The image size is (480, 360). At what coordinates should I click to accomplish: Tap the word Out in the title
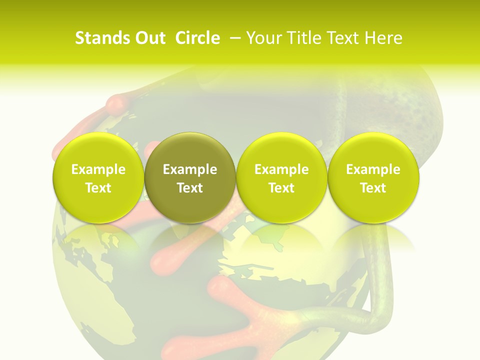pos(150,38)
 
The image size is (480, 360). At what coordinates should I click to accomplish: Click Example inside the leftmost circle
pos(98,169)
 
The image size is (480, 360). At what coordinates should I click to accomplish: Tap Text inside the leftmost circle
pos(98,188)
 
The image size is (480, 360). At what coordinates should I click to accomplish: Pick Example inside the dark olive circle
pos(190,169)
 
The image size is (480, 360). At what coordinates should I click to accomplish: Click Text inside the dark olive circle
pos(190,188)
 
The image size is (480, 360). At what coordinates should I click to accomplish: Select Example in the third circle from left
pos(281,169)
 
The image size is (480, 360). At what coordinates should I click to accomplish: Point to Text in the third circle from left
pos(281,188)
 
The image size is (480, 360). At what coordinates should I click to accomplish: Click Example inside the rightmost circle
pos(373,169)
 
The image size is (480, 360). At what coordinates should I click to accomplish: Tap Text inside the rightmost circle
pos(373,188)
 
